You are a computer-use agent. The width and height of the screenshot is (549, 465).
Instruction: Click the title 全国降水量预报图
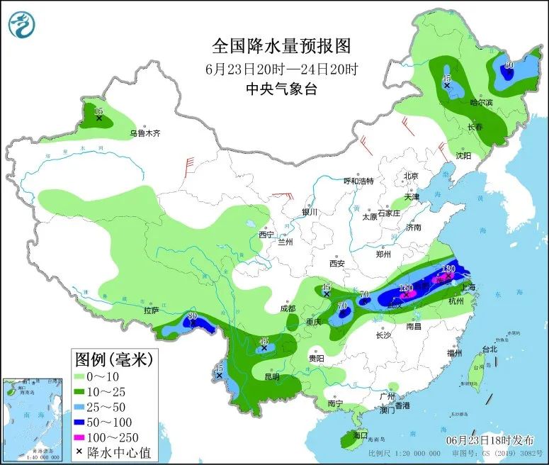coord(281,47)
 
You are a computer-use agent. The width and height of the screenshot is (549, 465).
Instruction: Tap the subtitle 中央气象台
coord(281,89)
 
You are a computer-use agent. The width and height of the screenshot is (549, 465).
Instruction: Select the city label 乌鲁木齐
coord(145,133)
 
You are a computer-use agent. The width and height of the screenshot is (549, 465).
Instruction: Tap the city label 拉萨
coord(151,310)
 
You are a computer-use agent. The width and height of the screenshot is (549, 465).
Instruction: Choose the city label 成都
coord(287,308)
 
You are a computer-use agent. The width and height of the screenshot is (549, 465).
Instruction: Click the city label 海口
coord(360,434)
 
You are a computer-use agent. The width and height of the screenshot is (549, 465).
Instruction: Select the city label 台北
coord(489,349)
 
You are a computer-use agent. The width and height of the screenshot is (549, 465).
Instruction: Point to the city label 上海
coord(468,288)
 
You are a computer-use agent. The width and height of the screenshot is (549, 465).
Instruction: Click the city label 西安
coord(336,264)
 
